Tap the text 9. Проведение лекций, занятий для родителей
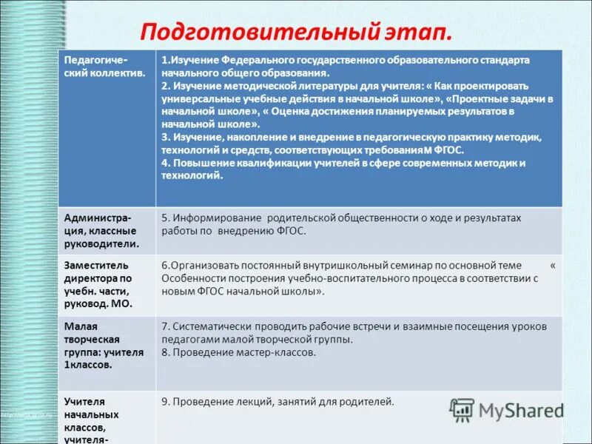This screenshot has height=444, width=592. (x=277, y=401)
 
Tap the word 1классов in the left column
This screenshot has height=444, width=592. (x=88, y=364)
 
